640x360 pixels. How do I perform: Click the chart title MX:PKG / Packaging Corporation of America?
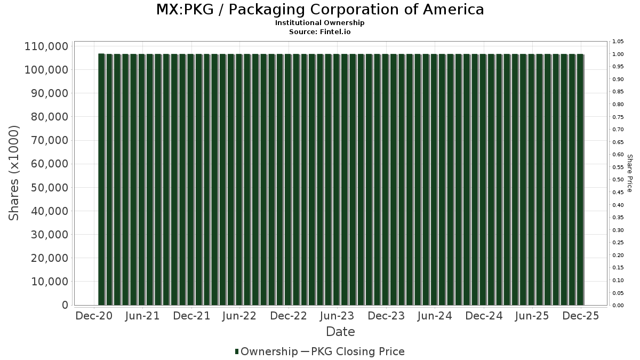tap(320, 10)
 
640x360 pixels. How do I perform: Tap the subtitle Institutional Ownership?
tap(320, 23)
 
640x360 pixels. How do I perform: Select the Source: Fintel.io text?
tap(320, 32)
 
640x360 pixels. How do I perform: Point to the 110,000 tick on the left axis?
tap(46, 46)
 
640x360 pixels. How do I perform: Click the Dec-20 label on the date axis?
tap(94, 316)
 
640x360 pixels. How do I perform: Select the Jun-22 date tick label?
tap(239, 316)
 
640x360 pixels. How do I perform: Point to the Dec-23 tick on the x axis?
tap(386, 316)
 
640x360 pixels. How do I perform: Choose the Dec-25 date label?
tap(581, 316)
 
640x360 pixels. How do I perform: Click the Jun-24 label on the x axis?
tap(434, 316)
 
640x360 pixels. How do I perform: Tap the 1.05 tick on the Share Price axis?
tap(618, 42)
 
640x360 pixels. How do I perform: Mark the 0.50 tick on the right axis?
tap(618, 180)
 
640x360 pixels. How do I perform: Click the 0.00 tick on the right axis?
tap(618, 306)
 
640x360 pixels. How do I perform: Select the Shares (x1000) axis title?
tap(14, 173)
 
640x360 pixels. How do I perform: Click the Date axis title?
tap(340, 332)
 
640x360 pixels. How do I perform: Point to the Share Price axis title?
tap(629, 173)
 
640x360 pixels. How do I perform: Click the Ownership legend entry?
tap(266, 351)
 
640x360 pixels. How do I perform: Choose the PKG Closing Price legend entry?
tap(357, 351)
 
